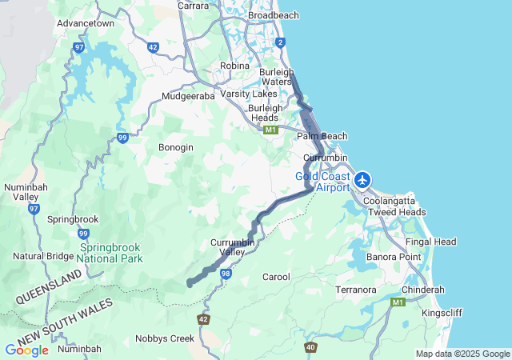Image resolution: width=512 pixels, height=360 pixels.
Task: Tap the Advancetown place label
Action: coord(85,23)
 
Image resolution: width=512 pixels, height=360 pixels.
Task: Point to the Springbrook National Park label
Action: coord(110,254)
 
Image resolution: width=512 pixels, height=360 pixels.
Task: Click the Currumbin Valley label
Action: coord(233,246)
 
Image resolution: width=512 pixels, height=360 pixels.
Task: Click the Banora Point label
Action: coord(394,257)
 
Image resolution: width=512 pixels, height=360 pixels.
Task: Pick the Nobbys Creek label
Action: coord(165,338)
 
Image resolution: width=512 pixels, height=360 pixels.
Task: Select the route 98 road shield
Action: coord(226,274)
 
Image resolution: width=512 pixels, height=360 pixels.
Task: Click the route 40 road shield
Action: coord(310,347)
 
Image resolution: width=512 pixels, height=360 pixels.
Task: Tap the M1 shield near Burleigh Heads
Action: coord(271,130)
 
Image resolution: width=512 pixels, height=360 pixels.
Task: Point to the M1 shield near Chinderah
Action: coord(398,302)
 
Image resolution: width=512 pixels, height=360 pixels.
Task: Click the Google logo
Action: coord(26,350)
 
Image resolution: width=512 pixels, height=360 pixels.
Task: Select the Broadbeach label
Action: coord(274,15)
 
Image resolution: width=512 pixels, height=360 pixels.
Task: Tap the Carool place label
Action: coord(276,277)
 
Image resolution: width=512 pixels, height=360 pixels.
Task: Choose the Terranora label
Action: coord(356,289)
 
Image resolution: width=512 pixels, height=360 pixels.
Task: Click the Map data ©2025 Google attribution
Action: coord(462,354)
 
